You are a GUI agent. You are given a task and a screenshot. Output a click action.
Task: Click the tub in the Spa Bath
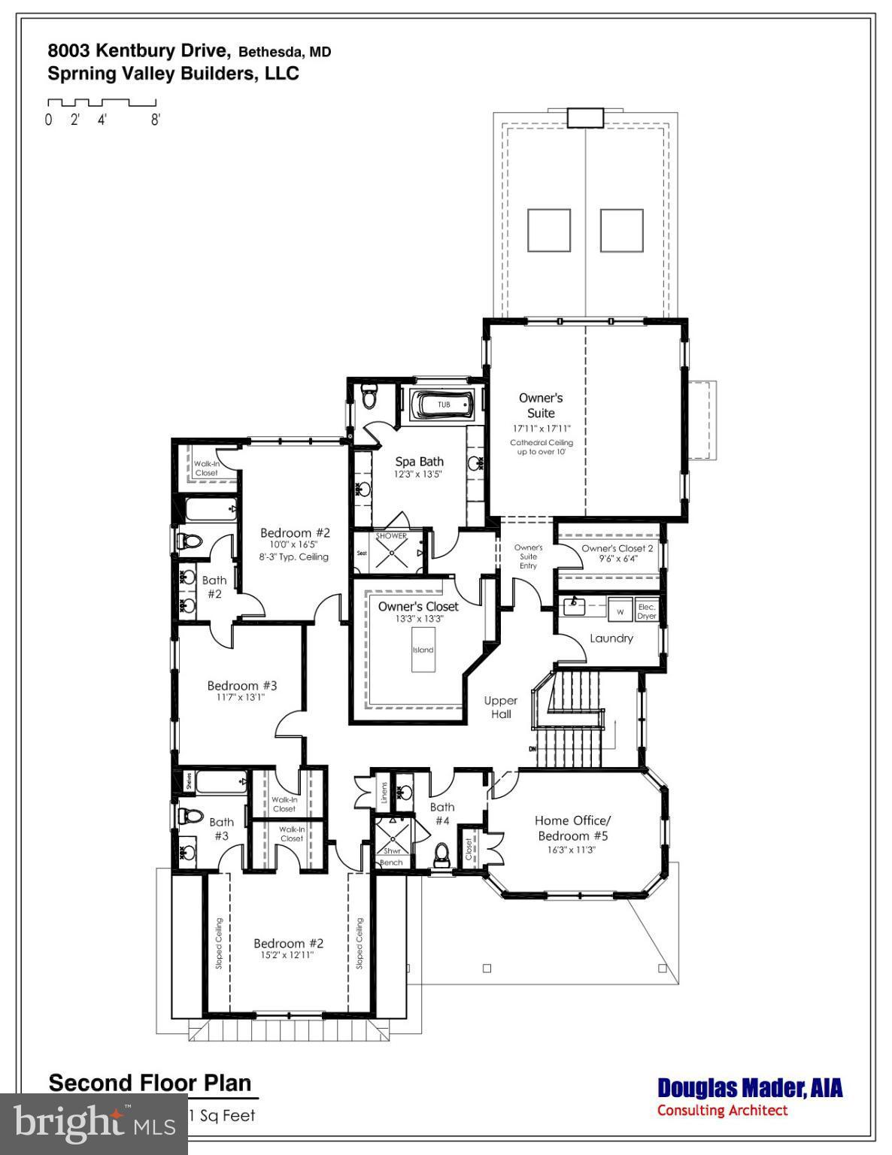(443, 405)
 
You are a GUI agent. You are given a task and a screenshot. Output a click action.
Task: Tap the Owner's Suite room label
(541, 405)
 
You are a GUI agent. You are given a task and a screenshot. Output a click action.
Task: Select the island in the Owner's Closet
(423, 650)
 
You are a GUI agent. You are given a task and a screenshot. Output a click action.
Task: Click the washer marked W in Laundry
(620, 611)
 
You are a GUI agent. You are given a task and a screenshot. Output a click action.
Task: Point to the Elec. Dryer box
(647, 611)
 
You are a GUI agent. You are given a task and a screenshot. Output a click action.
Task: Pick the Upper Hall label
(501, 708)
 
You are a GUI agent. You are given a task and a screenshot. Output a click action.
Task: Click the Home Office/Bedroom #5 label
(572, 828)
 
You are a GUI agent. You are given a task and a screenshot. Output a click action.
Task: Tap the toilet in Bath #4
(442, 853)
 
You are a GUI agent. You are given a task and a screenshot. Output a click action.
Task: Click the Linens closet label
(384, 793)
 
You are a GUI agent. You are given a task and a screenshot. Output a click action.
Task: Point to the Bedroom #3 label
(242, 686)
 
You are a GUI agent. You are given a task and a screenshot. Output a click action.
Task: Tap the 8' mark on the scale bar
(155, 120)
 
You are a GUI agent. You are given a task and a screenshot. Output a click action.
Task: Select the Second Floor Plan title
(150, 1083)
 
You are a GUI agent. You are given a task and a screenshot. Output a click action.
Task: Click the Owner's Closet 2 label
(617, 548)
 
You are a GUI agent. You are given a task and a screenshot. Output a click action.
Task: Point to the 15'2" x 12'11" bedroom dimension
(287, 955)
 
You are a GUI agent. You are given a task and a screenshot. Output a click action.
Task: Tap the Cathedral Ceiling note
(541, 447)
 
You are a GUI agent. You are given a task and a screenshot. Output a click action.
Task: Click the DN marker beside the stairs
(532, 749)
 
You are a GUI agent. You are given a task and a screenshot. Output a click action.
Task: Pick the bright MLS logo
(94, 1124)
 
